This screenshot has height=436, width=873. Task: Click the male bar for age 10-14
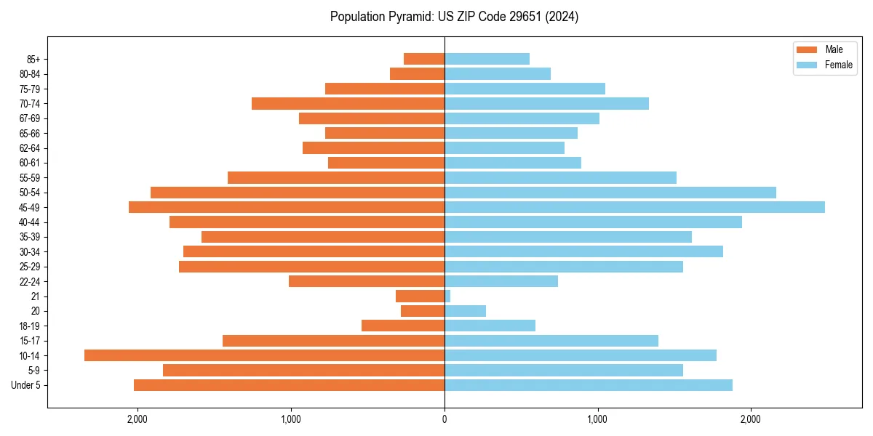[264, 355]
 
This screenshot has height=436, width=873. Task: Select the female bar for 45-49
[634, 207]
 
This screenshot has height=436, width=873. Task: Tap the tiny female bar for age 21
[447, 296]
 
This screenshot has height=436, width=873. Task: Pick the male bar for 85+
[424, 59]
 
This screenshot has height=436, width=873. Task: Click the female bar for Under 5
[588, 385]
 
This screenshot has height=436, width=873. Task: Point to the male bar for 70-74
[348, 103]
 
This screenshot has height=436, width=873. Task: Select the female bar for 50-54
[610, 193]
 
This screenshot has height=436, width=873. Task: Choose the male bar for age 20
[423, 311]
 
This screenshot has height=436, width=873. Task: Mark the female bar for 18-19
[490, 326]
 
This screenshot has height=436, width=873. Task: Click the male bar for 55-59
[336, 177]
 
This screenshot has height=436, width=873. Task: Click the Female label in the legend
[838, 65]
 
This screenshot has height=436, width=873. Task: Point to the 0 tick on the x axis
[445, 419]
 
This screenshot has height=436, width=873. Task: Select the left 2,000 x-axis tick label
[137, 419]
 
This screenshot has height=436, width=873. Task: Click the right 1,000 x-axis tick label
[598, 419]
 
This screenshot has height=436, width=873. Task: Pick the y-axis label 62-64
[29, 148]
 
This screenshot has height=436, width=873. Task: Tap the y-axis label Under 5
[25, 385]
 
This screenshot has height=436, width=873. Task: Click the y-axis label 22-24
[29, 281]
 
